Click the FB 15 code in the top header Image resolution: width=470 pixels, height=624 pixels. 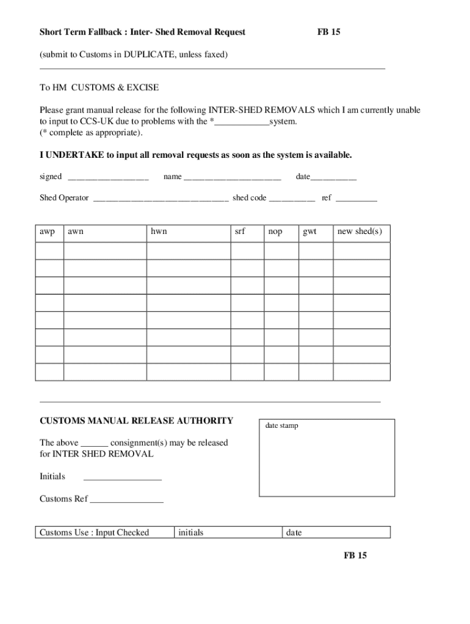[328, 32]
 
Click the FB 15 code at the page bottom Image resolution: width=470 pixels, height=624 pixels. [355, 555]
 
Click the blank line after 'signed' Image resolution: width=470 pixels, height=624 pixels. [108, 179]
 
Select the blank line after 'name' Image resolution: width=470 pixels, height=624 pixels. [232, 179]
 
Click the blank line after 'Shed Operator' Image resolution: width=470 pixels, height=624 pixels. [161, 199]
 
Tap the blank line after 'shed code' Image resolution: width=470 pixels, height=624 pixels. [292, 199]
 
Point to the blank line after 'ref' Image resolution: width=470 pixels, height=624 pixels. [356, 199]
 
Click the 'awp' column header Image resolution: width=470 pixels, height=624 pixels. [48, 232]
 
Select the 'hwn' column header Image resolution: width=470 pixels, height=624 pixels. [159, 232]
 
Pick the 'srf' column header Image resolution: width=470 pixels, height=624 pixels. [240, 232]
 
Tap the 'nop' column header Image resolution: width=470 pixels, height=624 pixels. [275, 232]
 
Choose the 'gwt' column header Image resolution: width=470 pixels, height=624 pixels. [309, 232]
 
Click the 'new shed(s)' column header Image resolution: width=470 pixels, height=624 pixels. [360, 232]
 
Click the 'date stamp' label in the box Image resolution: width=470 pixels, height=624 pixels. [281, 425]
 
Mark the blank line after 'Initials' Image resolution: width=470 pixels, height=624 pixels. [122, 478]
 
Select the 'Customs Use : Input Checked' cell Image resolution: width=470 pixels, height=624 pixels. [94, 533]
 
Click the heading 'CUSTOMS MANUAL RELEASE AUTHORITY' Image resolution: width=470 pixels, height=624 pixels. [136, 420]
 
